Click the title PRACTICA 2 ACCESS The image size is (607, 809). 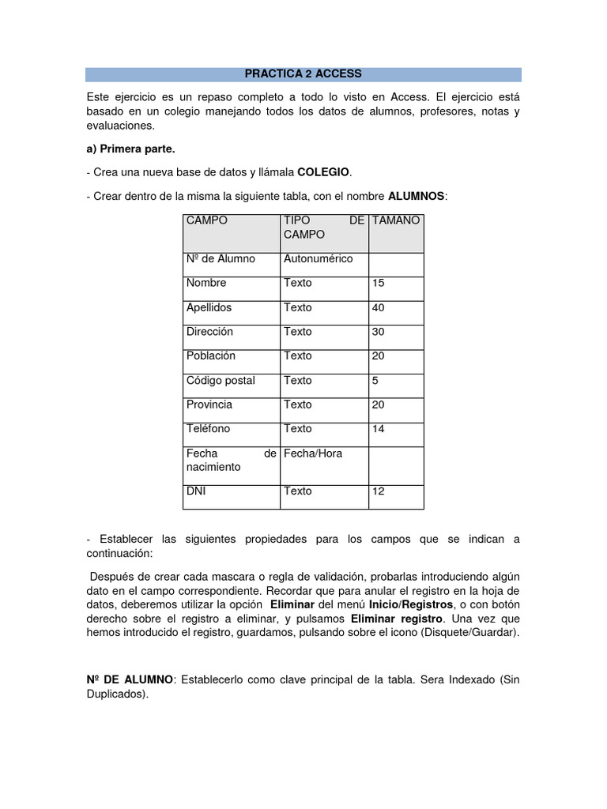pyautogui.click(x=303, y=73)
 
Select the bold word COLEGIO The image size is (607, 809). pyautogui.click(x=322, y=172)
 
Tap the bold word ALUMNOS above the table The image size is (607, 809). pyautogui.click(x=417, y=195)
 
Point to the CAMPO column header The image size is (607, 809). pyautogui.click(x=207, y=220)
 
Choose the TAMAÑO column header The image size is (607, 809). pyautogui.click(x=395, y=220)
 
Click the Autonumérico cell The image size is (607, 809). pyautogui.click(x=318, y=258)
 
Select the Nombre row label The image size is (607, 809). pyautogui.click(x=206, y=283)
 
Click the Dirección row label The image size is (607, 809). pyautogui.click(x=209, y=332)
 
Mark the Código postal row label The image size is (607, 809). pyautogui.click(x=221, y=380)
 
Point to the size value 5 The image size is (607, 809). pyautogui.click(x=375, y=380)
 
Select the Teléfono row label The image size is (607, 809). pyautogui.click(x=208, y=428)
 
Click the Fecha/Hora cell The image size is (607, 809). pyautogui.click(x=313, y=453)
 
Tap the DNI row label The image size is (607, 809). pyautogui.click(x=196, y=491)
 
